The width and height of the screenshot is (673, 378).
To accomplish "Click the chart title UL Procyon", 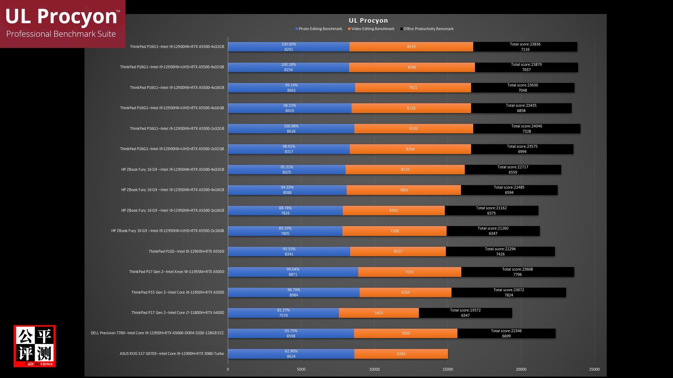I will point(368,21).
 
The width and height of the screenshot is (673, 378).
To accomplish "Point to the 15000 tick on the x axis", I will point(448,369).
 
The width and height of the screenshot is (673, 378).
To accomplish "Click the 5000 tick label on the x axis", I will point(301,369).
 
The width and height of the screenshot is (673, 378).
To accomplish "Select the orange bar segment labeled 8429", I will point(411,47).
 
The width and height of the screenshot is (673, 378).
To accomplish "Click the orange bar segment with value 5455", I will point(379,313).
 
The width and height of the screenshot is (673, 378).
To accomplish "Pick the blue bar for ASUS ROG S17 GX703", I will point(291,354).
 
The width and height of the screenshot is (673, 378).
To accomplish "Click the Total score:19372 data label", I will point(465,310).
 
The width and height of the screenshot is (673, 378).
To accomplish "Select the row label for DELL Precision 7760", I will point(157,333).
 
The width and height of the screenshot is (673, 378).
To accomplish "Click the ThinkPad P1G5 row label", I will point(186,251).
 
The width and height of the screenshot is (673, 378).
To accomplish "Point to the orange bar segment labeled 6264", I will point(405,293).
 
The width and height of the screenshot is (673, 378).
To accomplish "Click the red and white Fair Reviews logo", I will point(35,346).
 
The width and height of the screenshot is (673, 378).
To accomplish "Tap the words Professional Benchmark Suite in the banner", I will point(61,34).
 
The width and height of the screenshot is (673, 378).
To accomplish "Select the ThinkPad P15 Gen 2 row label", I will point(177,292).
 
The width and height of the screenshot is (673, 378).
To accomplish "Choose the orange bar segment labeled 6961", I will point(394,211).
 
